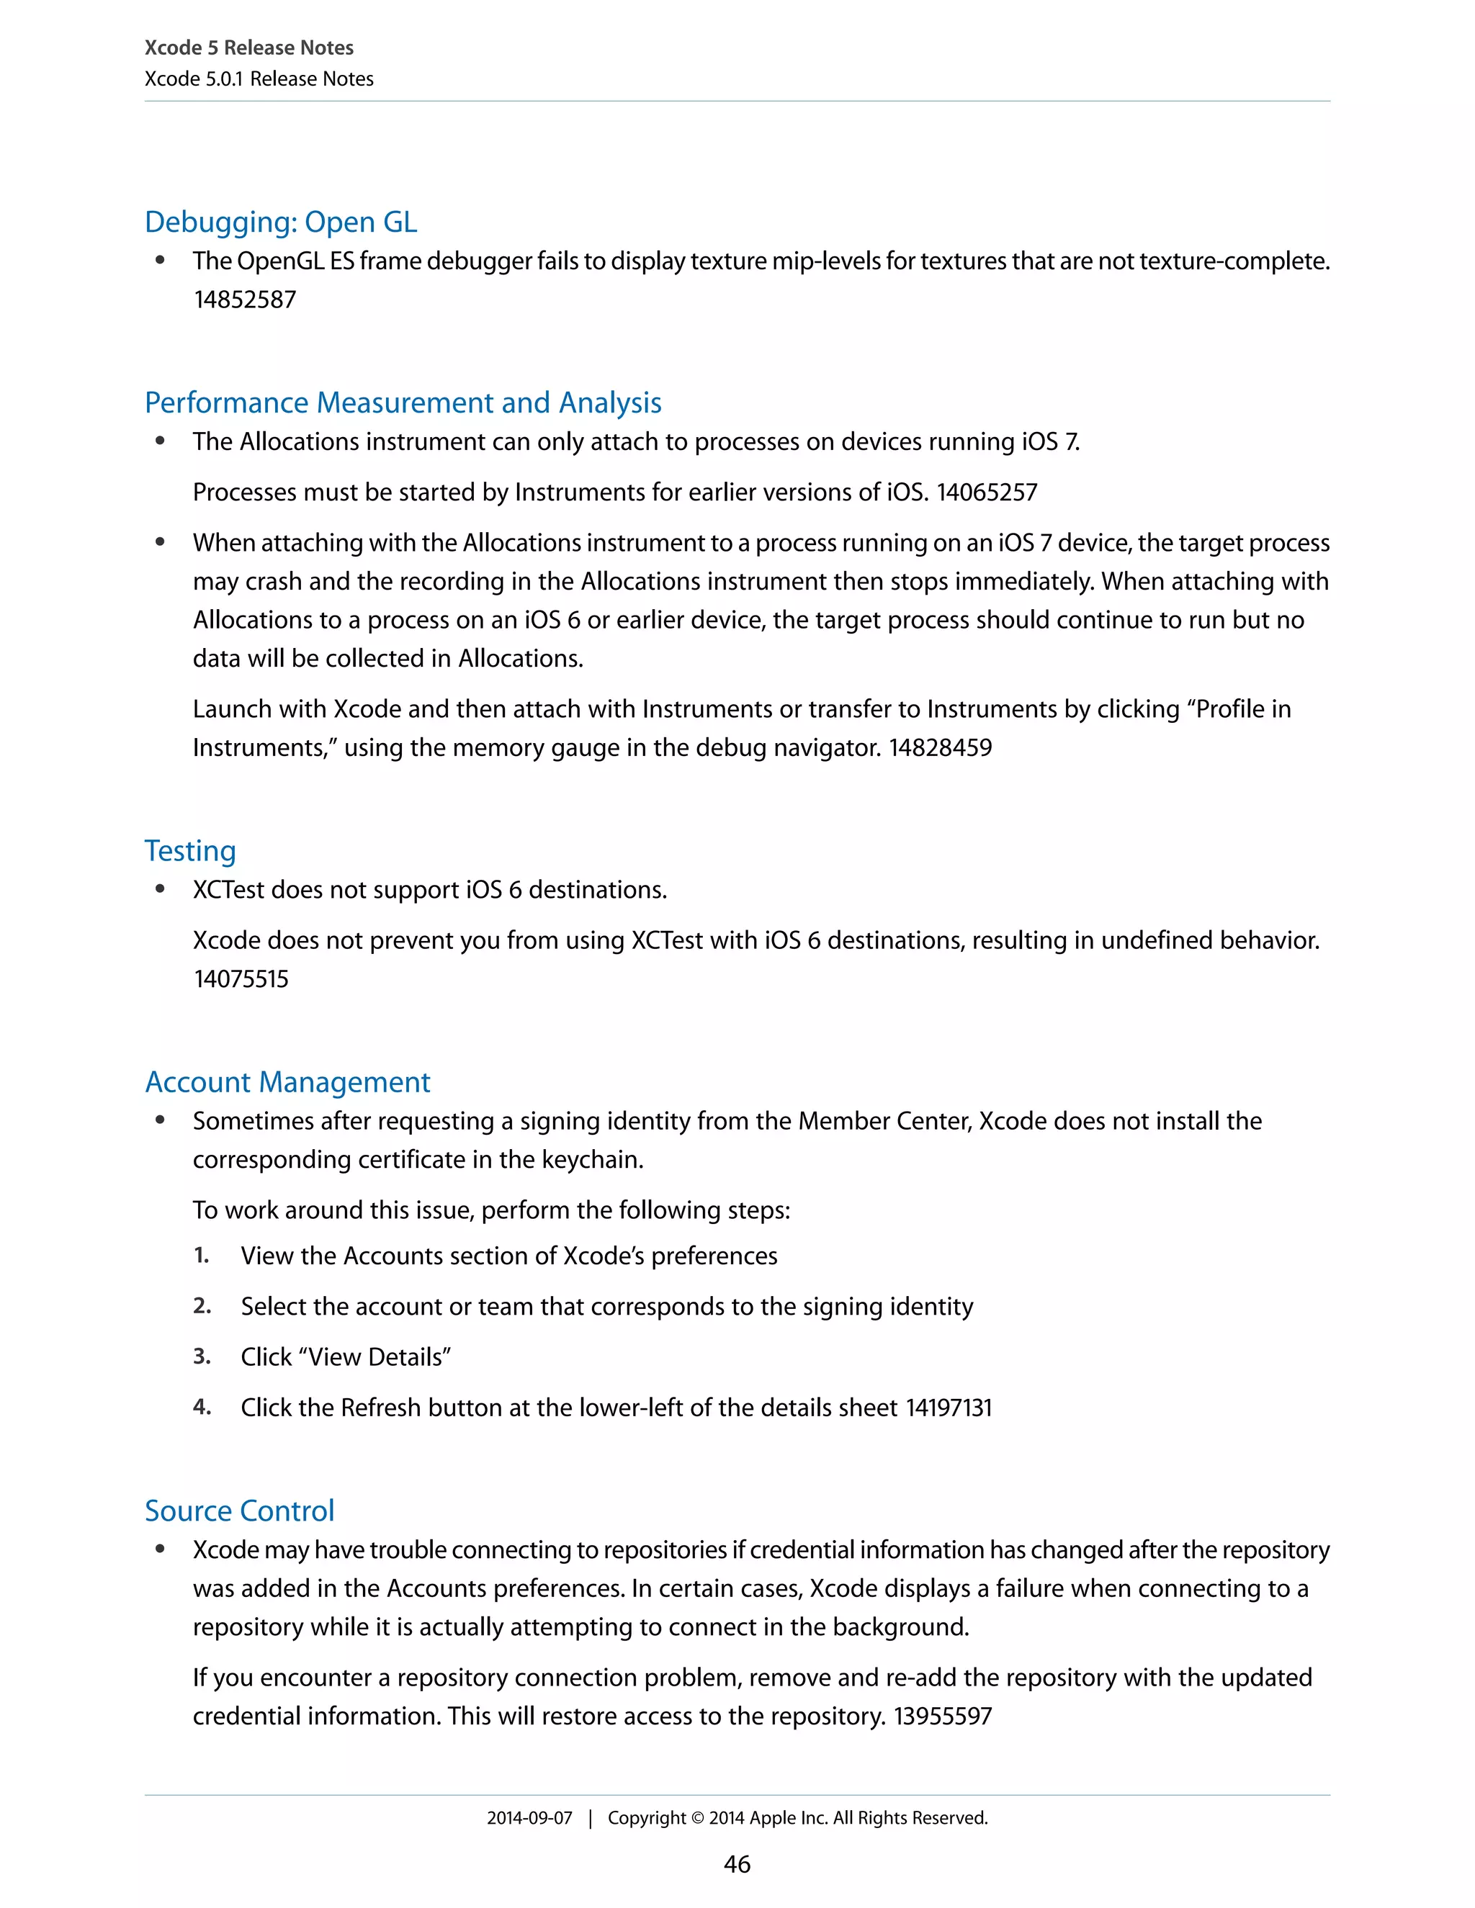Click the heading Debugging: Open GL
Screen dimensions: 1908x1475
(280, 222)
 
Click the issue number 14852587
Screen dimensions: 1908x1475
(245, 300)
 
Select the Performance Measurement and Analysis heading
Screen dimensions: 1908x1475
(403, 402)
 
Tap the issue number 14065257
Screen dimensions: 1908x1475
(987, 492)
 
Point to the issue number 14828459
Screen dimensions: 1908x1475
(940, 748)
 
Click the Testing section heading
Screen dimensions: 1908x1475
(189, 851)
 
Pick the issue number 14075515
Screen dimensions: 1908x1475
(241, 979)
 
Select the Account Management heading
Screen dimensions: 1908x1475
(287, 1082)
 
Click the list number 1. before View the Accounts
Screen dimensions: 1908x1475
(201, 1256)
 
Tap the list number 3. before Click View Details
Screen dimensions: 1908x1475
(202, 1356)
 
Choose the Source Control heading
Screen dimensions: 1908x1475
(239, 1511)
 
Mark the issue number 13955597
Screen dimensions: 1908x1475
(942, 1716)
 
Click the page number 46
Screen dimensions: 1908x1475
(737, 1864)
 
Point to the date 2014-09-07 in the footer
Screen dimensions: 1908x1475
(529, 1818)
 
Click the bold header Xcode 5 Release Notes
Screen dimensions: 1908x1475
(249, 48)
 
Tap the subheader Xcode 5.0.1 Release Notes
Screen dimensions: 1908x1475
(259, 78)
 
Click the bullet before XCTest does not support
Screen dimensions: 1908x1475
(160, 889)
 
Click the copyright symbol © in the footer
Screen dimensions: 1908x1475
(697, 1818)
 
